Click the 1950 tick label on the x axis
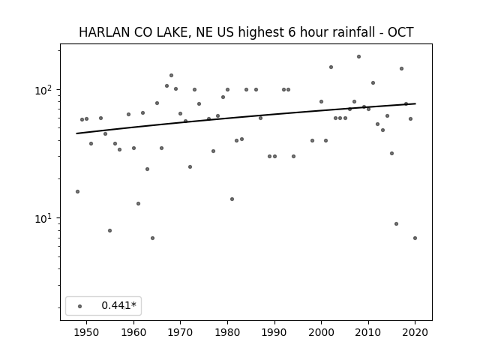pos(87,332)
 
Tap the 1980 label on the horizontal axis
pos(227,332)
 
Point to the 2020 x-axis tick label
pos(415,332)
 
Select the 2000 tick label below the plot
pos(321,332)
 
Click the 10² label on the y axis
pos(45,90)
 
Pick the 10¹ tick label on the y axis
pos(45,218)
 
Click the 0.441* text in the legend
pos(118,305)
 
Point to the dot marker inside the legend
pos(80,306)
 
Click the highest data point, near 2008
pos(358,57)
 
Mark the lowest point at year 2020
pos(415,238)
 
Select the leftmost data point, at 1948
pos(77,192)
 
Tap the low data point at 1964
pos(152,238)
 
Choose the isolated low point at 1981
pos(232,199)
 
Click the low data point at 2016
pos(396,223)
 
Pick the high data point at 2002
pos(331,67)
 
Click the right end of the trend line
pos(415,103)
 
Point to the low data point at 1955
pos(110,230)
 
